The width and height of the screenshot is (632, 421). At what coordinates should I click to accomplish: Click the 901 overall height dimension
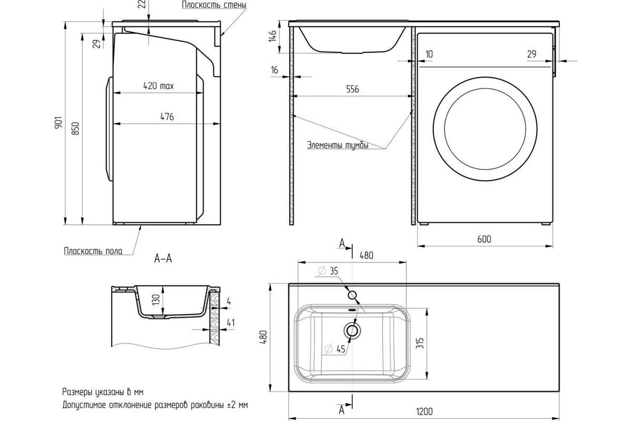pyautogui.click(x=58, y=123)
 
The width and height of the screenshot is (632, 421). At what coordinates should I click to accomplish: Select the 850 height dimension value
pyautogui.click(x=75, y=128)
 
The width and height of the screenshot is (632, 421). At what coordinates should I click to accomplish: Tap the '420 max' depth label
pyautogui.click(x=159, y=86)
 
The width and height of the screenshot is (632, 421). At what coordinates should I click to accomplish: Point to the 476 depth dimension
pyautogui.click(x=167, y=117)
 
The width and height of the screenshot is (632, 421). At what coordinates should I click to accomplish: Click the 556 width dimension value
pyautogui.click(x=352, y=89)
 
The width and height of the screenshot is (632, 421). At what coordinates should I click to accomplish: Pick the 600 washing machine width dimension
pyautogui.click(x=484, y=239)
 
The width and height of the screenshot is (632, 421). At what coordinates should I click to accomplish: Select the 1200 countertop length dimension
pyautogui.click(x=424, y=412)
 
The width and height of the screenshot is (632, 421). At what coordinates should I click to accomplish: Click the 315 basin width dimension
pyautogui.click(x=420, y=343)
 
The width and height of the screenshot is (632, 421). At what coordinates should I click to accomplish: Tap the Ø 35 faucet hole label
pyautogui.click(x=328, y=271)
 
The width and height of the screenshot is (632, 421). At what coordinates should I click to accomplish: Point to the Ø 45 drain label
pyautogui.click(x=335, y=349)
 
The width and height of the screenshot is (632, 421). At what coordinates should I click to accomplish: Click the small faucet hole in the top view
pyautogui.click(x=352, y=295)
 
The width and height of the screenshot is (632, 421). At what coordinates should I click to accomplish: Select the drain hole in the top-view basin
pyautogui.click(x=352, y=330)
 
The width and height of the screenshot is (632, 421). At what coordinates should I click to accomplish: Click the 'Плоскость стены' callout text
pyautogui.click(x=214, y=5)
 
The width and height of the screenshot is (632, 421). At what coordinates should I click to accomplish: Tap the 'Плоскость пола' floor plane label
pyautogui.click(x=93, y=251)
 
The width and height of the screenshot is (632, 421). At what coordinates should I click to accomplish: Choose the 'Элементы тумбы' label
pyautogui.click(x=338, y=145)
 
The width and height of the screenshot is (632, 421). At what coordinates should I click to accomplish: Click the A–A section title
pyautogui.click(x=163, y=258)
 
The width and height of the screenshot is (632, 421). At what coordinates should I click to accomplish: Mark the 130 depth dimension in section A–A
pyautogui.click(x=156, y=299)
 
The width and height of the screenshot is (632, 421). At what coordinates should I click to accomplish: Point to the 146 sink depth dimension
pyautogui.click(x=272, y=36)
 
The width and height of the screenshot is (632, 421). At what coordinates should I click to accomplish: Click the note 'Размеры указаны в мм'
pyautogui.click(x=103, y=392)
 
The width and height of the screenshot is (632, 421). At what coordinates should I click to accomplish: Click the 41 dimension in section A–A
pyautogui.click(x=231, y=323)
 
